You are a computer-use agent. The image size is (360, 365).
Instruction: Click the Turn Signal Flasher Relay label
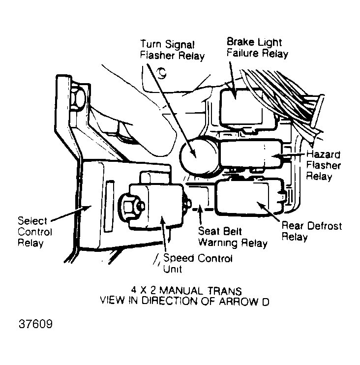pos(172,50)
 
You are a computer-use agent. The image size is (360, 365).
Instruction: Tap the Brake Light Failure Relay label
pos(257,48)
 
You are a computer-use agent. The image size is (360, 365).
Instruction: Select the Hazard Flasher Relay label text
pos(323,165)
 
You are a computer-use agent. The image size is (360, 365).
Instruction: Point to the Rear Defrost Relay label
pos(312,231)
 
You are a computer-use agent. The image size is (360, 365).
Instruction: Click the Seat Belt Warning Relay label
pos(233,237)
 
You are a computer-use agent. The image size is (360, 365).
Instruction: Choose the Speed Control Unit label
pos(198,263)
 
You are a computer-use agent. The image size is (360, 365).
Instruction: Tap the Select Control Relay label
pos(35,232)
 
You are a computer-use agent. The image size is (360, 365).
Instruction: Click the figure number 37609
pos(35,324)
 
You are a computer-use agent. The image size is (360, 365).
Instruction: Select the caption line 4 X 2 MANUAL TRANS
pos(186,291)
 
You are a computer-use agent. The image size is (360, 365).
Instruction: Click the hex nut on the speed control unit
pos(130,207)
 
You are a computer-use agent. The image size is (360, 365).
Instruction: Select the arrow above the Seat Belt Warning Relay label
pos(200,214)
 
